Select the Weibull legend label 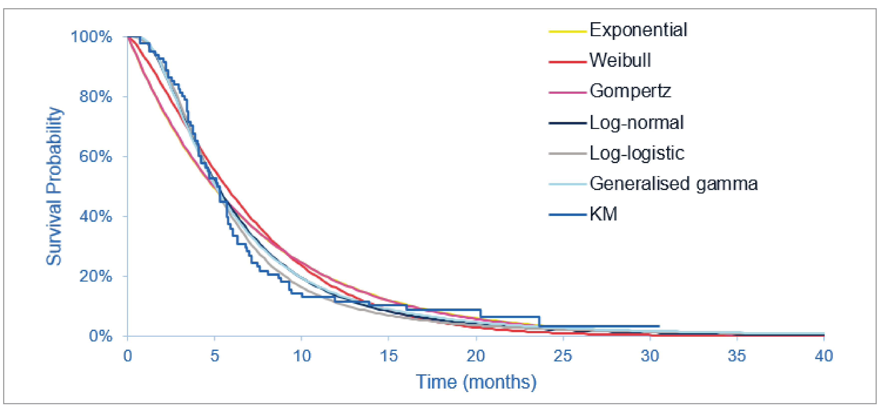pyautogui.click(x=620, y=61)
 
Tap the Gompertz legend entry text pyautogui.click(x=630, y=91)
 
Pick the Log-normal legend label pyautogui.click(x=636, y=122)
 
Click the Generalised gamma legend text pyautogui.click(x=673, y=184)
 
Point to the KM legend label pyautogui.click(x=603, y=214)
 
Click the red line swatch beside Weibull pyautogui.click(x=567, y=62)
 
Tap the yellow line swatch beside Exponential pyautogui.click(x=567, y=31)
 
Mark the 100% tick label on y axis pyautogui.click(x=91, y=37)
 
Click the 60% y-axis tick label pyautogui.click(x=95, y=157)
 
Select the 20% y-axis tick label pyautogui.click(x=95, y=276)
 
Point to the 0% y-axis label pyautogui.click(x=100, y=336)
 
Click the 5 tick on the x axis pyautogui.click(x=214, y=356)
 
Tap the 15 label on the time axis pyautogui.click(x=388, y=356)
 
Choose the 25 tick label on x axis pyautogui.click(x=563, y=356)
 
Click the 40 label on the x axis pyautogui.click(x=824, y=356)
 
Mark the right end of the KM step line pyautogui.click(x=659, y=326)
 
